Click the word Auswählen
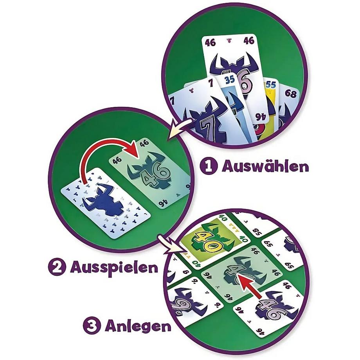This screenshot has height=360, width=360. [265, 166]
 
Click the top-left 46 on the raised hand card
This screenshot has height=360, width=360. [210, 42]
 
